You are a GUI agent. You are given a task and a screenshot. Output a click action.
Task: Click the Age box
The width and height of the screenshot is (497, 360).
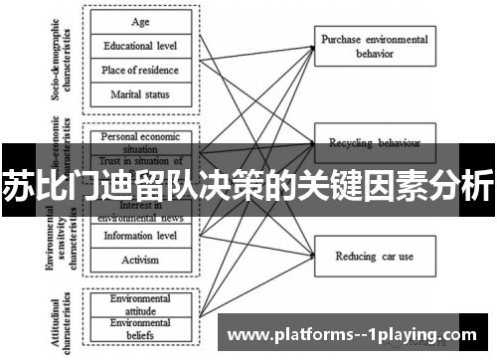[x=141, y=22]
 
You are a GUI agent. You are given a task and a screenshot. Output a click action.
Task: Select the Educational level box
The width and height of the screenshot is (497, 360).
[x=141, y=46]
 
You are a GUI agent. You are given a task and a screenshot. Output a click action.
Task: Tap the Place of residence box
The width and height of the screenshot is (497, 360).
[x=141, y=70]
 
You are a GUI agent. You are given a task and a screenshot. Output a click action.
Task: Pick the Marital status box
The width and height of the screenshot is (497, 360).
[x=141, y=94]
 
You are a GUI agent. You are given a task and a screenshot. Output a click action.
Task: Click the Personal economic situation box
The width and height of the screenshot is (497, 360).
[x=141, y=139]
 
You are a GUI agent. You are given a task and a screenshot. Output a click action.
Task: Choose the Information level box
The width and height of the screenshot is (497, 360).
[x=141, y=236]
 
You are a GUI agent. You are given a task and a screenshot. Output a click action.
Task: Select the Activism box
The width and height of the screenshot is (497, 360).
[x=141, y=259]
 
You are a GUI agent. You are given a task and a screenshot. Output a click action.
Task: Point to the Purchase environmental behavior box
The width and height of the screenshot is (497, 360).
[x=375, y=46]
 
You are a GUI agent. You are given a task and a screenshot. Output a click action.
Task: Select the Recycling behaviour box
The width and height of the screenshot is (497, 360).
[x=375, y=142]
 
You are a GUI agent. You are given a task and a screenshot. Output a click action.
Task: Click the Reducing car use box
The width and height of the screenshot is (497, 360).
[x=375, y=256]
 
